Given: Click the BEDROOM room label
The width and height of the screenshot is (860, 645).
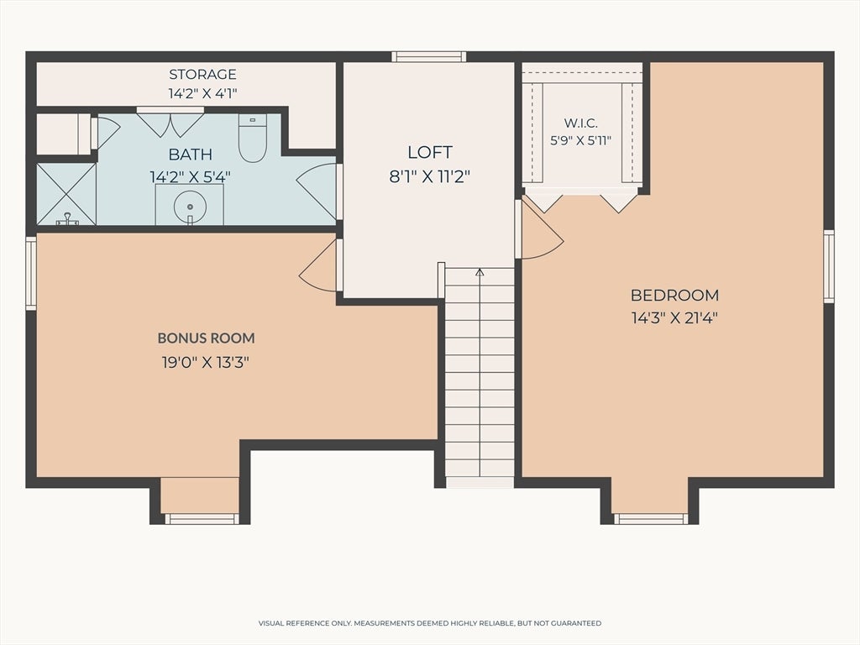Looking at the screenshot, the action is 674,295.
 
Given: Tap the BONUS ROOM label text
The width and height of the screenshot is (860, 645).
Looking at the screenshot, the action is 207,338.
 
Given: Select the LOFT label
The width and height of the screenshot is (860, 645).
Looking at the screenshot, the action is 430,152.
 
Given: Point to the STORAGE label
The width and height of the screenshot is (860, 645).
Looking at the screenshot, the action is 202,74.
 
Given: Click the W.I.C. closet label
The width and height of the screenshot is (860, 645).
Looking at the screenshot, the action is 581,123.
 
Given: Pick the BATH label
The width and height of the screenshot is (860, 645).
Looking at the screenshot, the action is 191,155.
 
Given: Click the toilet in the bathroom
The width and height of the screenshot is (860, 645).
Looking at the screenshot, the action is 252,138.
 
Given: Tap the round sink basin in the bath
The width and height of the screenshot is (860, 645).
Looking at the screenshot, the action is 190,207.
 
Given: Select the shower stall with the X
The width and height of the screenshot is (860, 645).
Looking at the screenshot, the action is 66,194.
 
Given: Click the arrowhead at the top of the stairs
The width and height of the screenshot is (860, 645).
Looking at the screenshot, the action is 480,271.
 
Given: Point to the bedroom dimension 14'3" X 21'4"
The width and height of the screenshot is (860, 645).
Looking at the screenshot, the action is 674,317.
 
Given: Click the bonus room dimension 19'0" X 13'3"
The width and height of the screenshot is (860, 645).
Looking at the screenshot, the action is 206,363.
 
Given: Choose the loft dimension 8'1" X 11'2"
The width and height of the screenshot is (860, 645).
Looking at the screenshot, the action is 430,176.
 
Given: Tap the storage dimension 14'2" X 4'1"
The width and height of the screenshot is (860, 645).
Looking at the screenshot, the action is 202,93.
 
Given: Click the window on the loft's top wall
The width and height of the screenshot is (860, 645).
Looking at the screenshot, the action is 429,56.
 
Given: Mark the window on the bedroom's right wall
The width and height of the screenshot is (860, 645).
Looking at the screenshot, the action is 829,266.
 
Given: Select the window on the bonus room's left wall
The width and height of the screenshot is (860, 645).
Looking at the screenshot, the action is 31,273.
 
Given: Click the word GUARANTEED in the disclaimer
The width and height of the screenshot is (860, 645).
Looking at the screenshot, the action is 578,623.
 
